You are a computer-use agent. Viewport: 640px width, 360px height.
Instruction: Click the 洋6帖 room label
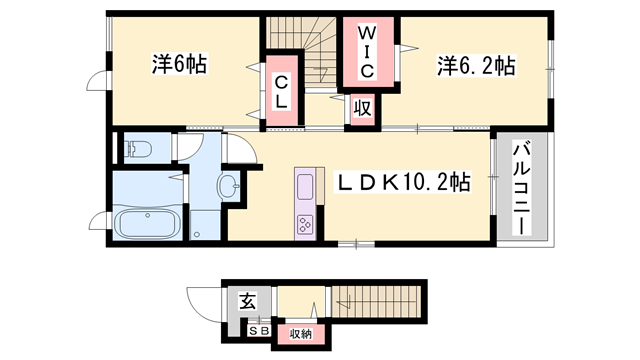click(180, 64)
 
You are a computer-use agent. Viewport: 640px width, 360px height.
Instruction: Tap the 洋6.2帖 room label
click(476, 65)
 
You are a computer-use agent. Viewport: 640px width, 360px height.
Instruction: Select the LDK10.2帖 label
click(402, 182)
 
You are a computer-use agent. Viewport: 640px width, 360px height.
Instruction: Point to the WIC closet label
click(367, 52)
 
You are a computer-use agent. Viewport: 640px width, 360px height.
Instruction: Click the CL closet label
click(281, 92)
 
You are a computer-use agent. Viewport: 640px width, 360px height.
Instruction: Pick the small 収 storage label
click(362, 109)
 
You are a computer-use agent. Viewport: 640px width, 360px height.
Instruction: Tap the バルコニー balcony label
click(522, 188)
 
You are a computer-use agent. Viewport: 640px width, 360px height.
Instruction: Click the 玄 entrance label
click(247, 301)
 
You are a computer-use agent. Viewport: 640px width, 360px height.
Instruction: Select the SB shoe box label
click(259, 331)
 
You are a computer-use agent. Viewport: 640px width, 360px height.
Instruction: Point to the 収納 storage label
click(301, 334)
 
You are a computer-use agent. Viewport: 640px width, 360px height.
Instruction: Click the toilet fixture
click(137, 149)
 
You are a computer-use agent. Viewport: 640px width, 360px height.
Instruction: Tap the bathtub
click(147, 223)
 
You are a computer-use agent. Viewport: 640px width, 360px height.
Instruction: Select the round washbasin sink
click(229, 186)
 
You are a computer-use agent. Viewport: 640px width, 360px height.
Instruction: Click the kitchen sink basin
click(305, 187)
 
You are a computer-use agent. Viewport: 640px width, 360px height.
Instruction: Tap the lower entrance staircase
click(376, 301)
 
